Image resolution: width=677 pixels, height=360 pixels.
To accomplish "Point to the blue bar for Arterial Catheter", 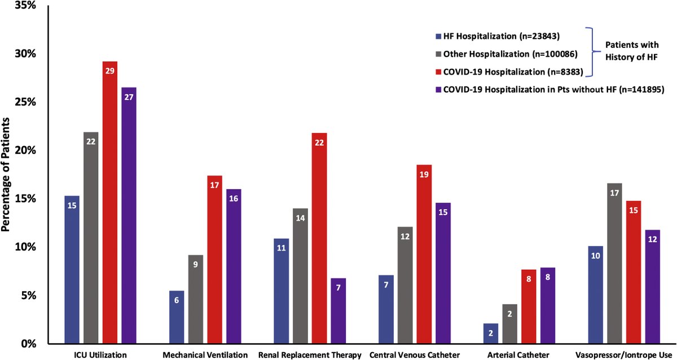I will point(491,333).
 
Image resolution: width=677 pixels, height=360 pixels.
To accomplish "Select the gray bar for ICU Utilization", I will point(90,238).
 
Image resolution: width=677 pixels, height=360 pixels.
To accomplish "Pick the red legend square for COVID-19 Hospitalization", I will point(438,72).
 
